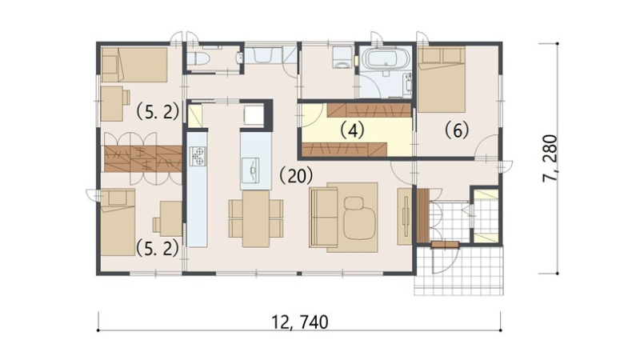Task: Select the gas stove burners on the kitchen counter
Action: click(x=198, y=156)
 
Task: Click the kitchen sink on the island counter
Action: click(x=250, y=170)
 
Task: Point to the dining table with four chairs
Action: click(x=256, y=218)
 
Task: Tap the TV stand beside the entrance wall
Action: click(x=405, y=216)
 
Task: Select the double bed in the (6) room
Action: click(x=442, y=79)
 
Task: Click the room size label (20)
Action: click(x=296, y=176)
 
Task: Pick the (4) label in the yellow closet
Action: click(x=352, y=130)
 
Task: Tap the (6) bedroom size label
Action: click(x=457, y=130)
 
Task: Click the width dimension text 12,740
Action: click(x=300, y=322)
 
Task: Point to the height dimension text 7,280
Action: click(x=550, y=158)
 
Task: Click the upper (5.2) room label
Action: click(x=158, y=111)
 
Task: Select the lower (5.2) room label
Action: click(x=158, y=248)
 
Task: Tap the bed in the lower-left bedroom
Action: click(x=118, y=222)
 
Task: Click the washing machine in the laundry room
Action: click(x=342, y=57)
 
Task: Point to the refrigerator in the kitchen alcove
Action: click(x=254, y=114)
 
